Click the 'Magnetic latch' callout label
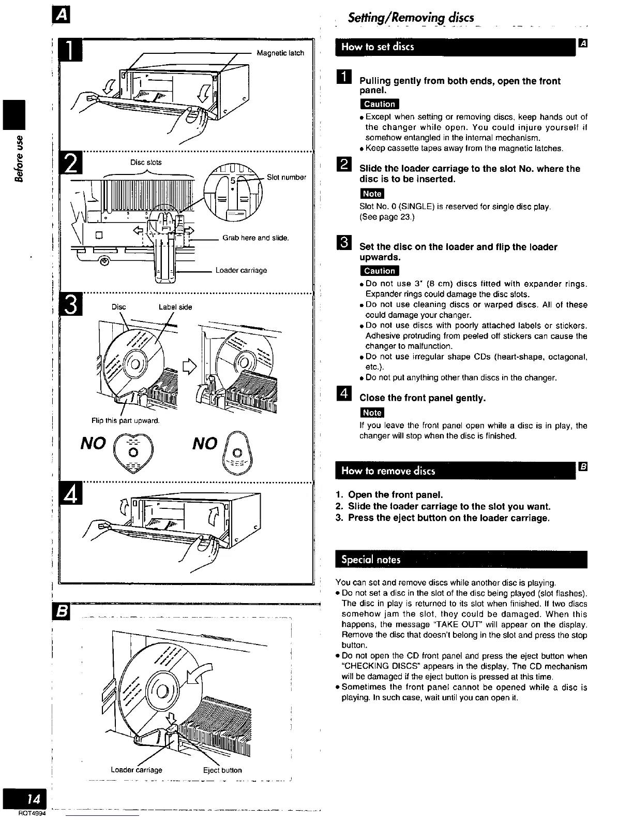pyautogui.click(x=280, y=53)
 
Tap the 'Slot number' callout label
pyautogui.click(x=287, y=178)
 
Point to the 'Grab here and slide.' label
pyautogui.click(x=255, y=238)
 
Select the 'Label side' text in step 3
pyautogui.click(x=175, y=307)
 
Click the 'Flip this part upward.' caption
pyautogui.click(x=125, y=420)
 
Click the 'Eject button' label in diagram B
pyautogui.click(x=222, y=770)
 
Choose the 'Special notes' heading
pyautogui.click(x=371, y=560)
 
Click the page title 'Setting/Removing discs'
pyautogui.click(x=411, y=18)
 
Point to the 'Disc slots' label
pyautogui.click(x=146, y=163)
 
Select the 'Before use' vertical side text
pyautogui.click(x=19, y=159)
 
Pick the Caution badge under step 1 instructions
pyautogui.click(x=379, y=104)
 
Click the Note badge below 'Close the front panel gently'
pyautogui.click(x=372, y=413)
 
